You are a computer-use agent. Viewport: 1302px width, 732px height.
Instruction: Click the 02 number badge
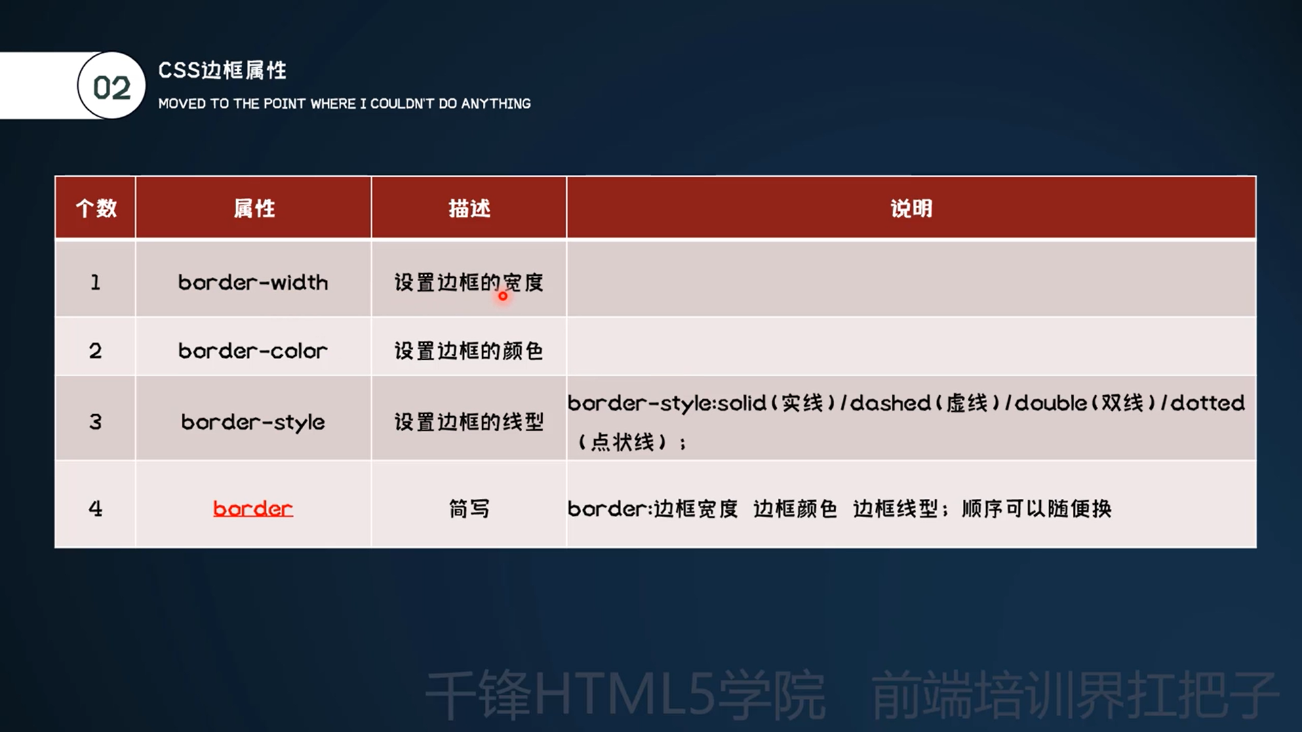tap(112, 86)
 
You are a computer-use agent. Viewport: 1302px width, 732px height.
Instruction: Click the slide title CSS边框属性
tap(222, 70)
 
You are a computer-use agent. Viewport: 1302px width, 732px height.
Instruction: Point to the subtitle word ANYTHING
tap(496, 104)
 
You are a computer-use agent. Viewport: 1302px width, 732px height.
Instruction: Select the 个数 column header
tap(96, 208)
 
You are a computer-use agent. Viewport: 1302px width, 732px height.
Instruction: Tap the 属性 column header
tap(254, 208)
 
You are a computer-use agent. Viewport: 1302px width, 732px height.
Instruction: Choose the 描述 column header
tap(469, 208)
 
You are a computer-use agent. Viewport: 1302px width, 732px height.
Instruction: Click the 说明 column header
tap(911, 208)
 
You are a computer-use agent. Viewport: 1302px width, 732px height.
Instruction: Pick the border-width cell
tap(253, 282)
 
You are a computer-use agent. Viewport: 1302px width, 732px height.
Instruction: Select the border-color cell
tap(253, 350)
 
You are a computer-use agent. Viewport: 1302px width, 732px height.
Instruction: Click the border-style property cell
tap(253, 422)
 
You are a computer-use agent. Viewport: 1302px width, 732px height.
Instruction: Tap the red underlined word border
tap(253, 508)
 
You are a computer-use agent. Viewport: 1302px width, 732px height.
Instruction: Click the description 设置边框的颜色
tap(469, 350)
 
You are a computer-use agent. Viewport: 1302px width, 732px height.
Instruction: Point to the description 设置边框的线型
tap(469, 422)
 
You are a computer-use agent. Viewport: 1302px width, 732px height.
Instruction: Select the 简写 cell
tap(469, 508)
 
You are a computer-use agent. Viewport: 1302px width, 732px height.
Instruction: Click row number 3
tap(96, 422)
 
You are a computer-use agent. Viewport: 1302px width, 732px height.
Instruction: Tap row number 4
tap(96, 508)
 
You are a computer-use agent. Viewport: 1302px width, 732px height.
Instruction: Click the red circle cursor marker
tap(502, 296)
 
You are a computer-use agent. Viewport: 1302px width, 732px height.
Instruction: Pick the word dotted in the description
tap(1208, 403)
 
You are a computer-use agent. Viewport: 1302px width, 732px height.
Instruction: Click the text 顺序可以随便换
tap(1037, 508)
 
